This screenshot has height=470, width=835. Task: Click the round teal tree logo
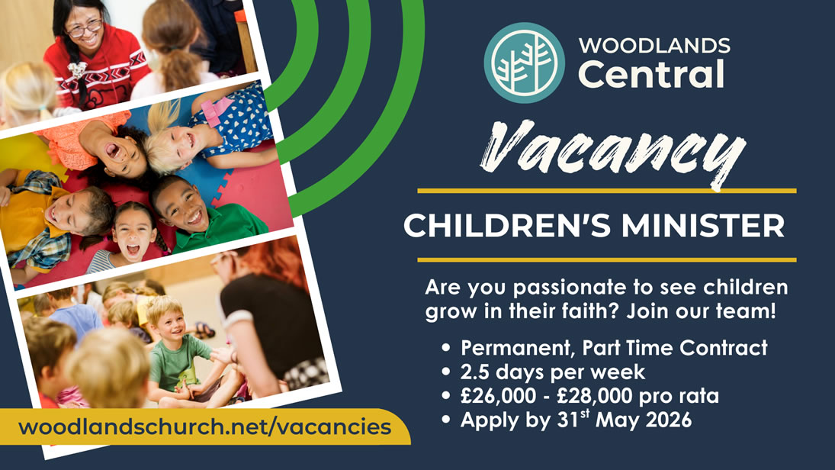pyautogui.click(x=524, y=63)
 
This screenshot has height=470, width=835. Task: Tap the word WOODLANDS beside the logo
pyautogui.click(x=654, y=46)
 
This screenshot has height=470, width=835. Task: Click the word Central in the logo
pyautogui.click(x=650, y=75)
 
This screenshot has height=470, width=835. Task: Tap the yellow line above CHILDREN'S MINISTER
pyautogui.click(x=606, y=190)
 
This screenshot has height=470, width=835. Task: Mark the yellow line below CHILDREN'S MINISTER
pyautogui.click(x=606, y=259)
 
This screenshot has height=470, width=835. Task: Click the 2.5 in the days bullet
pyautogui.click(x=477, y=372)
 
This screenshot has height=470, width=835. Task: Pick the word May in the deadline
pyautogui.click(x=612, y=420)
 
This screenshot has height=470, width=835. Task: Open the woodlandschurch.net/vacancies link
pyautogui.click(x=204, y=427)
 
